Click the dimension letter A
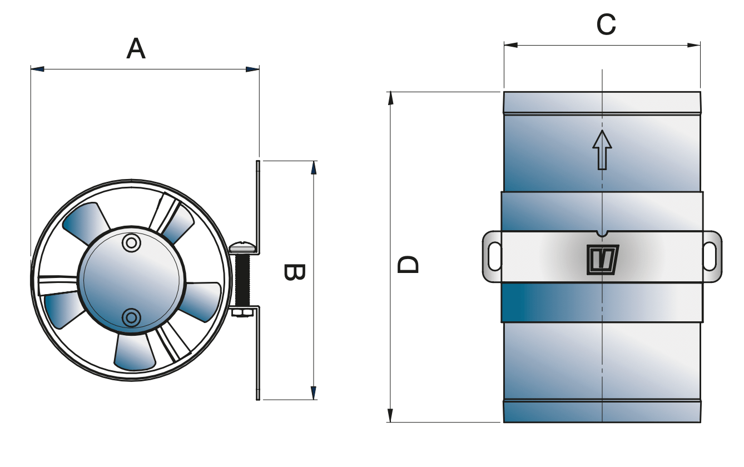[136, 49]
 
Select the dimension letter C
[606, 25]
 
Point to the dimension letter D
[409, 265]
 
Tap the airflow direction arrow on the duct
[602, 149]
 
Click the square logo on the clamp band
[603, 260]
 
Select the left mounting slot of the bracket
[493, 256]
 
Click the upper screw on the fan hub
[131, 242]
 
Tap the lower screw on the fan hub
[131, 317]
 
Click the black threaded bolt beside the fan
[244, 281]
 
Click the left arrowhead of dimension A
[37, 69]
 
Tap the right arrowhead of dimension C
[694, 45]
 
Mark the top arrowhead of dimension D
[390, 98]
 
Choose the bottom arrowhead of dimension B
[314, 393]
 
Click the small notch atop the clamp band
[602, 233]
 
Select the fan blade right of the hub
[204, 300]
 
